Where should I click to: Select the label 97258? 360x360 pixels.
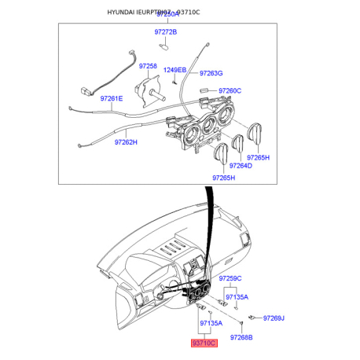[x=149, y=66]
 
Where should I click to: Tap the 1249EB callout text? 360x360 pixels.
[x=174, y=70]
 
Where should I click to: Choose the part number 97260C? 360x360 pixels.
[x=230, y=90]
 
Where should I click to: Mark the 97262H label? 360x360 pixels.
[x=126, y=142]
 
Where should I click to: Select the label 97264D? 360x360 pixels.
[x=241, y=166]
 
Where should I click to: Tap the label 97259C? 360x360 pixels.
[x=230, y=278]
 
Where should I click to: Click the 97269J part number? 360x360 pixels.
[x=274, y=318]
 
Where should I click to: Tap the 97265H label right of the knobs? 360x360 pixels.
[x=258, y=157]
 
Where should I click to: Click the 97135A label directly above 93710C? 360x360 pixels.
[x=211, y=323]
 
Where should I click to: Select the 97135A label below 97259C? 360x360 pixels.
[x=237, y=297]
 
